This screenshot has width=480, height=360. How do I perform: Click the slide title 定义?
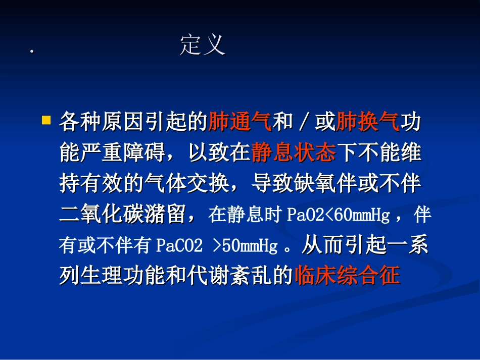(x=202, y=45)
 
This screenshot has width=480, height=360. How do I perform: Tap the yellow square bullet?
(x=46, y=121)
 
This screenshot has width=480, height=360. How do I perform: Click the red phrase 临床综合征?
(x=347, y=276)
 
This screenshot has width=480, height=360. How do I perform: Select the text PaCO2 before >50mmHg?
(x=180, y=246)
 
